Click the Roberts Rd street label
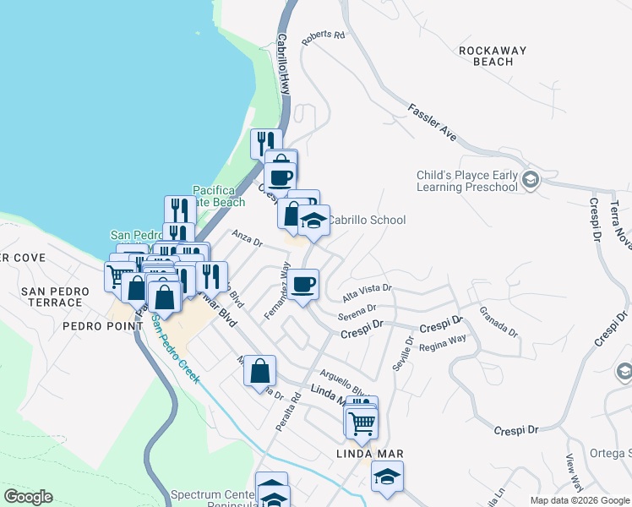point(328,35)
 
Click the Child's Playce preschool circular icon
point(530,179)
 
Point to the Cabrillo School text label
point(367,220)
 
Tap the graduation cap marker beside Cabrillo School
point(314,221)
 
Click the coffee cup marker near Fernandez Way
point(303,283)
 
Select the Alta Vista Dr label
point(367,292)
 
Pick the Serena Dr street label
point(356,314)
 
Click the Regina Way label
point(443,341)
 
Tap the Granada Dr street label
point(498,322)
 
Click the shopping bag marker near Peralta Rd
point(260,371)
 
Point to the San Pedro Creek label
point(176,354)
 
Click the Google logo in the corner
point(28,497)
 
